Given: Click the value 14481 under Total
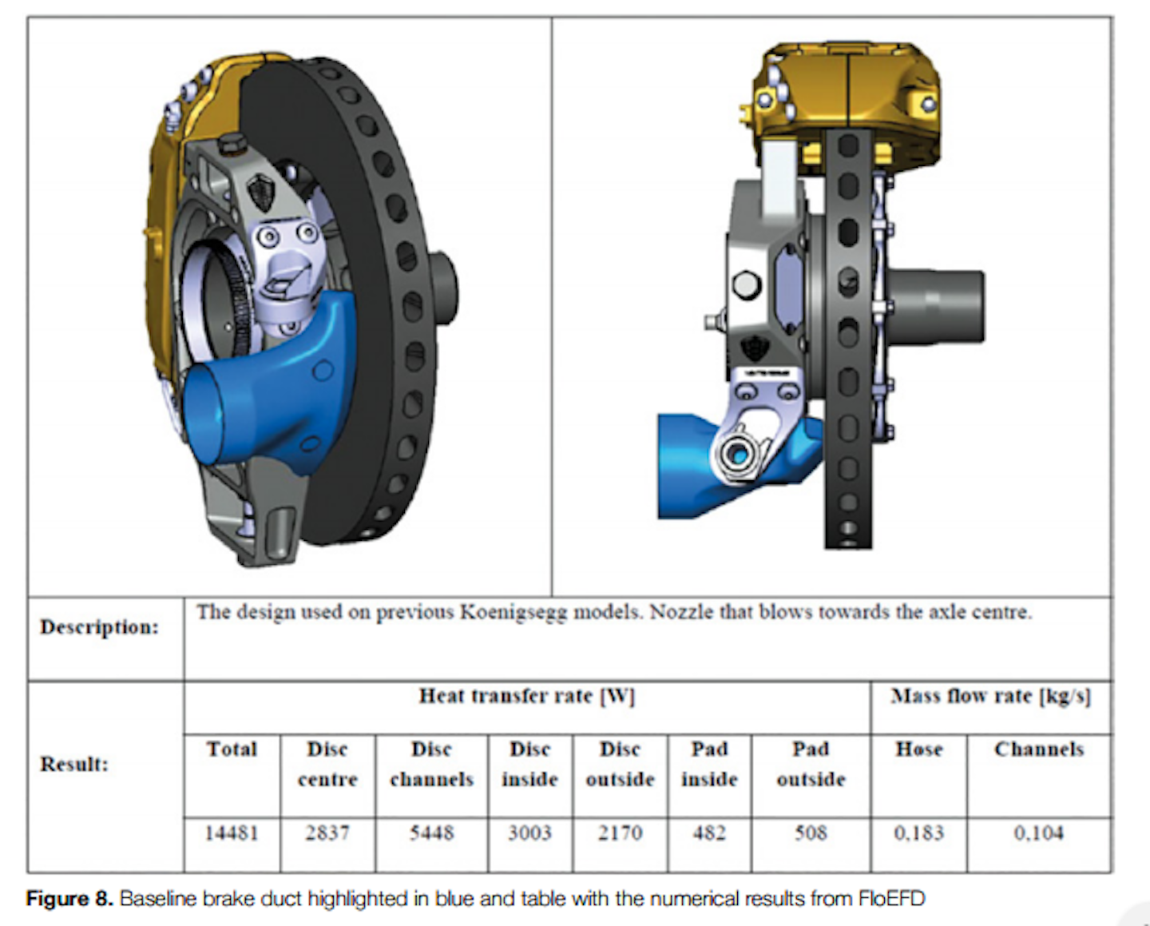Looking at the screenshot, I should (x=232, y=833).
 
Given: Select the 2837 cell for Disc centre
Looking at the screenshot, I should (x=327, y=833).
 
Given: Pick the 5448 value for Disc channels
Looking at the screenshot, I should (x=431, y=833).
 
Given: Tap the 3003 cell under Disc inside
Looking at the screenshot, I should (x=529, y=833).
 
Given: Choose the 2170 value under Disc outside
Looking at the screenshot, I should (x=620, y=833).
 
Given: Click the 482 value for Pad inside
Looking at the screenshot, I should (x=708, y=833).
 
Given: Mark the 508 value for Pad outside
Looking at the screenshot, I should (x=811, y=833).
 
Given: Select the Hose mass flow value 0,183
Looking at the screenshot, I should (x=918, y=833).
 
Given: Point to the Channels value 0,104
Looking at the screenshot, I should (x=1039, y=833).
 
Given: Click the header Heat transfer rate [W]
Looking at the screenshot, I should (x=527, y=697).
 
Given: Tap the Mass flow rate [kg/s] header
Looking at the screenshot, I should (x=990, y=697).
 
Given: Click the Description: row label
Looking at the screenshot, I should (x=100, y=627).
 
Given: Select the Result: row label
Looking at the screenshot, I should (x=74, y=765).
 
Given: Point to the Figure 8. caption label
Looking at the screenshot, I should (x=69, y=899).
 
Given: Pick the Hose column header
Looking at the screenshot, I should (x=918, y=749).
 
